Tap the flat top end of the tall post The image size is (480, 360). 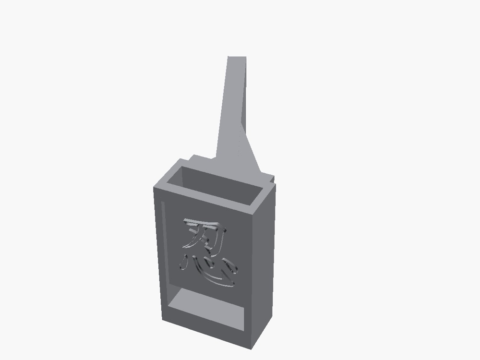click(237, 57)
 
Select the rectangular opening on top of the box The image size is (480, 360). click(214, 185)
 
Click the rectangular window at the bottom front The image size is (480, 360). click(206, 309)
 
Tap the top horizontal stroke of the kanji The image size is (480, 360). click(202, 224)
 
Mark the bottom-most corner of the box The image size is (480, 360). click(252, 349)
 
